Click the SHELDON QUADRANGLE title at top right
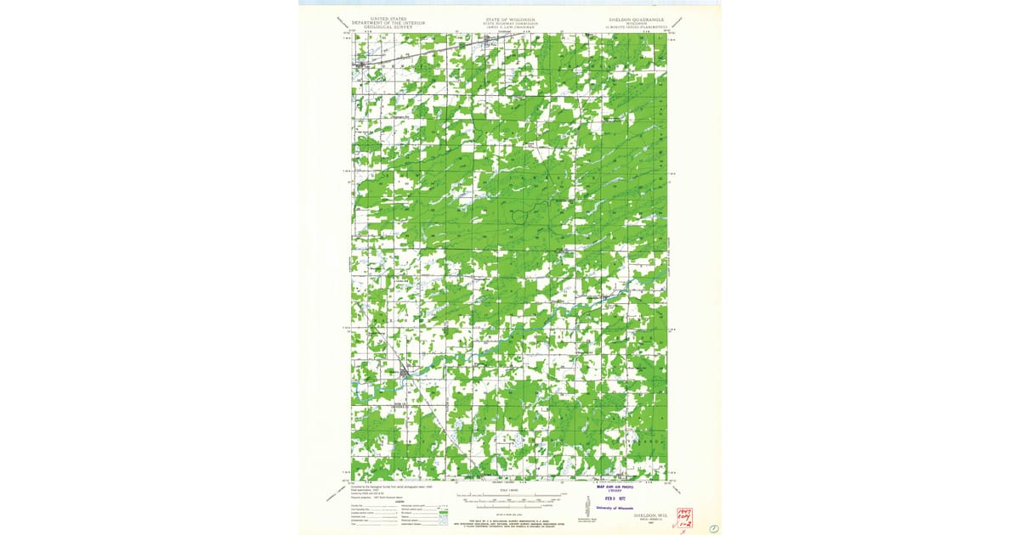pyautogui.click(x=636, y=19)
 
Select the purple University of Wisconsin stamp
pyautogui.click(x=615, y=508)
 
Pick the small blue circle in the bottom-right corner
pyautogui.click(x=713, y=529)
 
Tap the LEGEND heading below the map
pyautogui.click(x=399, y=501)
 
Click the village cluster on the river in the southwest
pyautogui.click(x=405, y=371)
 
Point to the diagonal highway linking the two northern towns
pyautogui.click(x=425, y=53)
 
